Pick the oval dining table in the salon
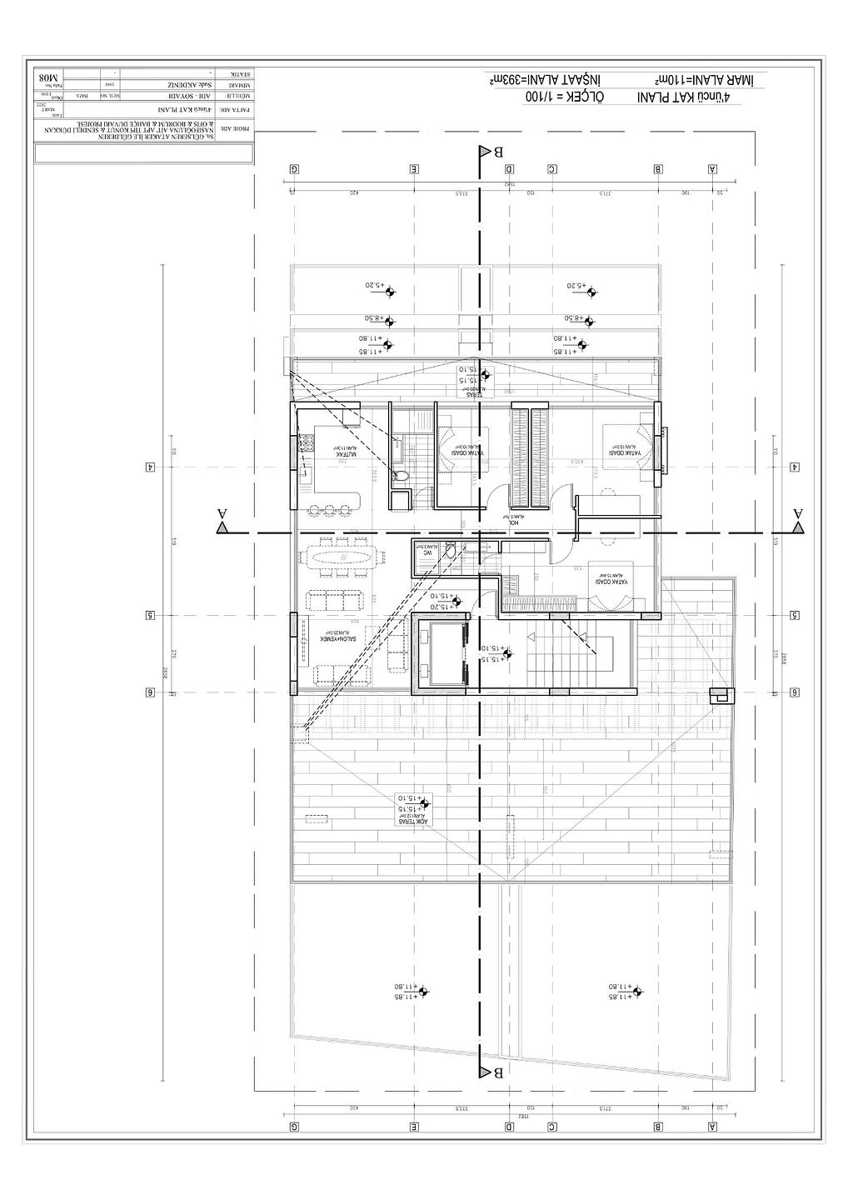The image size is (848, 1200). coord(342,557)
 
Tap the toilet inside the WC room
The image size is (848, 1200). coord(450,550)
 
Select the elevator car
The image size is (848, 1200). coord(439,652)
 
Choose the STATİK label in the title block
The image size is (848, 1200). coord(242,75)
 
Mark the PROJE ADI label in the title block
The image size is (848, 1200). coord(241,129)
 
